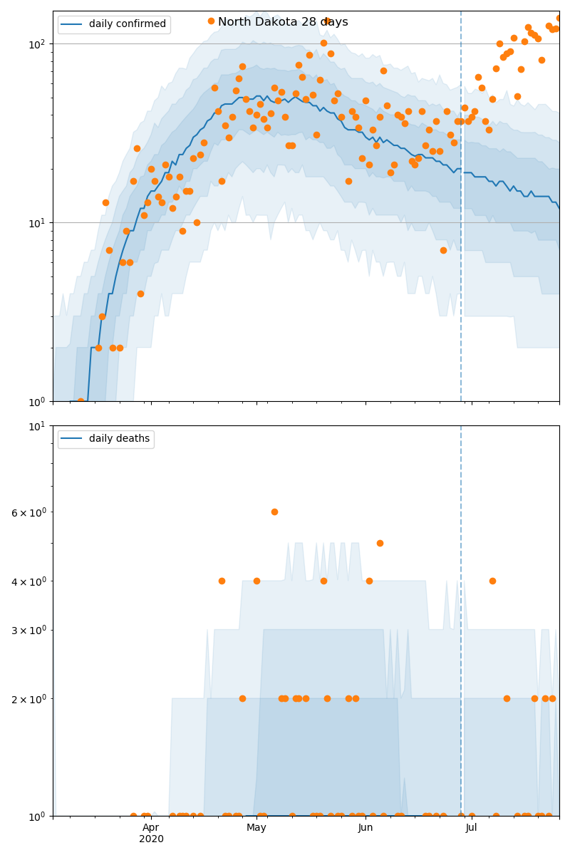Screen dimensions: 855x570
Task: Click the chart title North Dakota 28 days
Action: point(283,22)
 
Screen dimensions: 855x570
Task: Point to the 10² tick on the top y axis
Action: point(37,44)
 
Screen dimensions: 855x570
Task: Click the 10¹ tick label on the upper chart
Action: point(37,223)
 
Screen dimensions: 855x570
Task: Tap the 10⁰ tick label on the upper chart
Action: point(37,402)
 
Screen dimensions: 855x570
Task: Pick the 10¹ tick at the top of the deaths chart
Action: point(37,426)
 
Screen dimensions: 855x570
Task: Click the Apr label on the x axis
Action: point(151,828)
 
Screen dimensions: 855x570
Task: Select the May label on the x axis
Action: point(256,828)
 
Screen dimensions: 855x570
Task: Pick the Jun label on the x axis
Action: point(366,828)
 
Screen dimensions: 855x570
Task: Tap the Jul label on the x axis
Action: point(471,828)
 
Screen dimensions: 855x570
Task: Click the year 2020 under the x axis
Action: point(151,839)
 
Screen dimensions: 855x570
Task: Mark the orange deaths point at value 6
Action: point(274,512)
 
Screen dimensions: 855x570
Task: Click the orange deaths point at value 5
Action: point(380,543)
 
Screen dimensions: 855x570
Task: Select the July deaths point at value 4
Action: point(492,581)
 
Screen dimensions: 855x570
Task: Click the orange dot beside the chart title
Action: point(211,21)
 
